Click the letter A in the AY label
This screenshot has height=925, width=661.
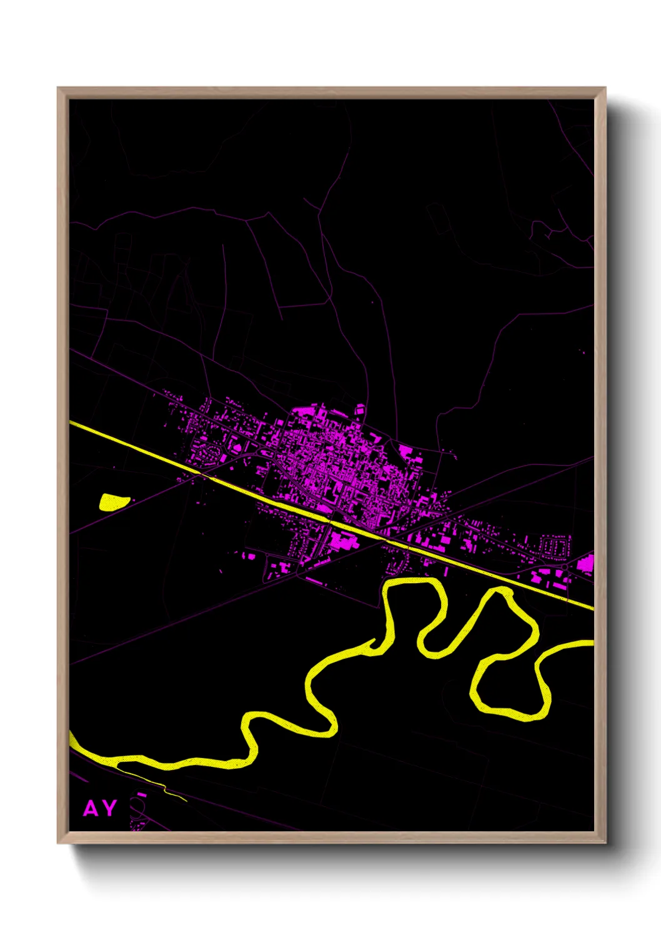coord(91,809)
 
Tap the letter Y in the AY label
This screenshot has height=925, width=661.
coord(109,809)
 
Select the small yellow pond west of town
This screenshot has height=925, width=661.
coord(114,501)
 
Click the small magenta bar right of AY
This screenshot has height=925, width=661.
coord(142,795)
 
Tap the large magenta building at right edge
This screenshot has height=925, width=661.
coord(585,564)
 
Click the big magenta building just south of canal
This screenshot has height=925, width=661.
coord(342,539)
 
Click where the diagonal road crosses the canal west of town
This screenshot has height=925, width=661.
coord(201,473)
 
